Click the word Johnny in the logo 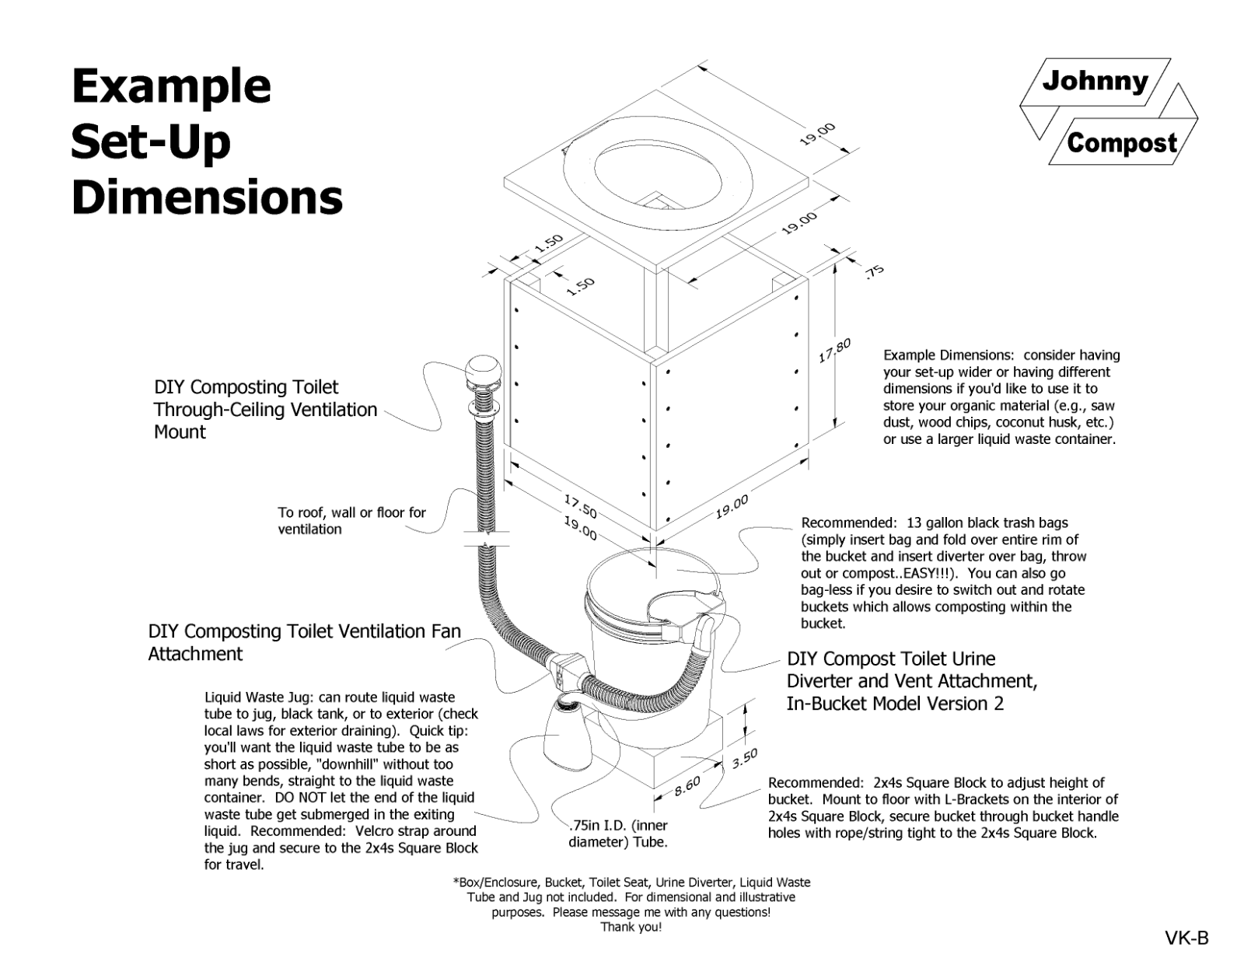[x=1095, y=81]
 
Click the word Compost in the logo [x=1121, y=143]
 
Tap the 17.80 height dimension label [x=834, y=351]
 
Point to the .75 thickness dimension [x=875, y=271]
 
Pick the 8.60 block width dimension [x=687, y=787]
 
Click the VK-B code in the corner [x=1186, y=938]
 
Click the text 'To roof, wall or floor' [x=351, y=512]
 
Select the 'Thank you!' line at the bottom [x=631, y=927]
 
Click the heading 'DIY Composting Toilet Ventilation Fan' [x=304, y=631]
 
